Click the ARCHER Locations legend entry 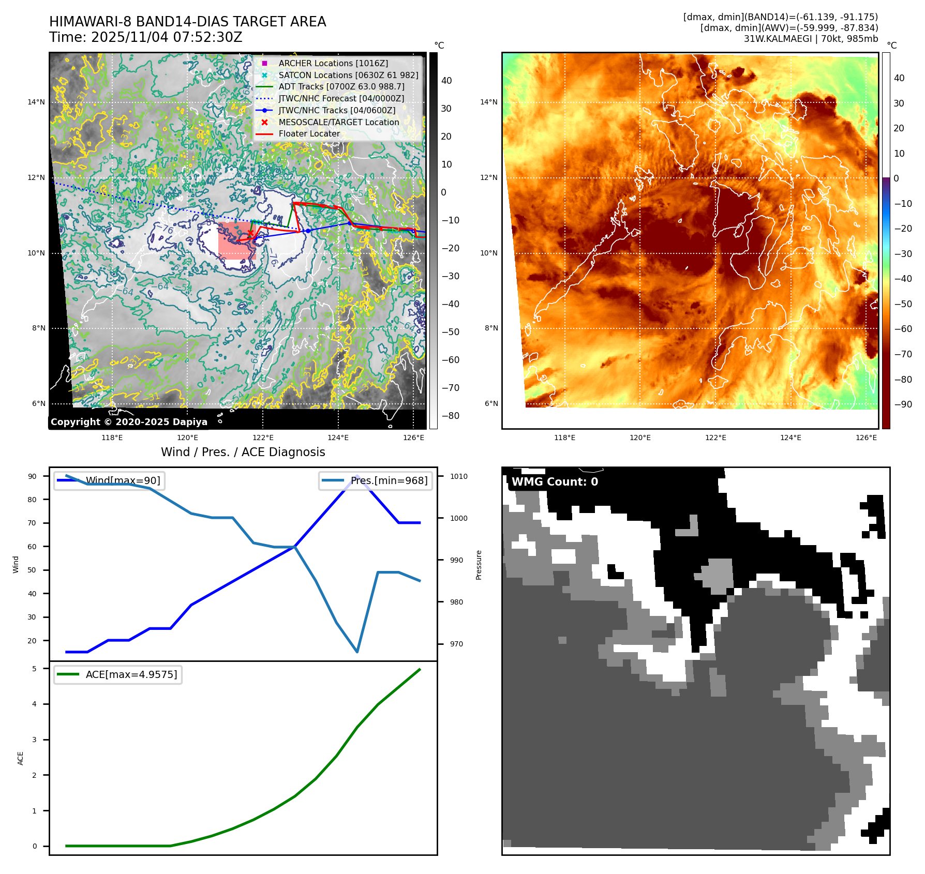tap(333, 63)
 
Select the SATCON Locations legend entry tap(348, 75)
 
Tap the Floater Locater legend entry tap(309, 133)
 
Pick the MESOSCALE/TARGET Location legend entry tap(338, 122)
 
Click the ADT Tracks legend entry tap(341, 86)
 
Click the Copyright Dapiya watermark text tap(129, 422)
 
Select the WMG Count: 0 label tap(555, 482)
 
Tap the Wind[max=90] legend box tap(109, 480)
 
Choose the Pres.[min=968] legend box tap(376, 480)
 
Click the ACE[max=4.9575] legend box tap(118, 674)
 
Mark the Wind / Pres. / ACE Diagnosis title tap(243, 452)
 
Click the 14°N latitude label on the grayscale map tap(36, 102)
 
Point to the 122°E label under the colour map tap(715, 438)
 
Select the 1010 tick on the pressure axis tap(458, 476)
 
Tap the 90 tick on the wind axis tap(33, 476)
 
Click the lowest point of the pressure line tap(357, 652)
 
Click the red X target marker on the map tap(250, 234)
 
